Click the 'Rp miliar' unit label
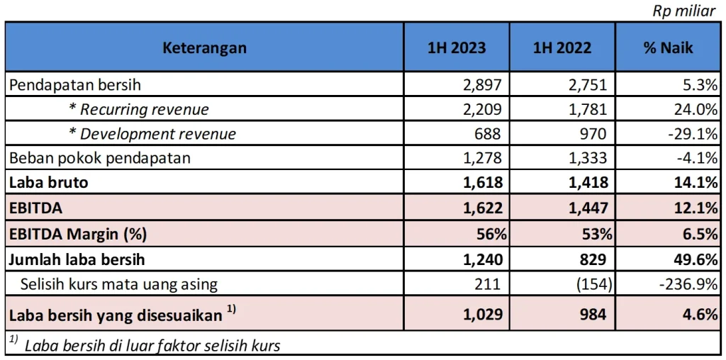(683, 11)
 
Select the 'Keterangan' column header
(204, 48)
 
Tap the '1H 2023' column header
(456, 48)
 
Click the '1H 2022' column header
(562, 48)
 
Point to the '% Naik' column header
(668, 48)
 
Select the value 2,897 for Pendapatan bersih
(484, 85)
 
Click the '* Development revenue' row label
(152, 134)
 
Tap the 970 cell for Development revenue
(595, 134)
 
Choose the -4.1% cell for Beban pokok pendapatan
(696, 158)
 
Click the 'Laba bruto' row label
(48, 182)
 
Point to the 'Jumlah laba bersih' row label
(77, 259)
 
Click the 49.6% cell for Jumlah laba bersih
(694, 259)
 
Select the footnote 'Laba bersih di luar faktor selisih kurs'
(152, 346)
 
